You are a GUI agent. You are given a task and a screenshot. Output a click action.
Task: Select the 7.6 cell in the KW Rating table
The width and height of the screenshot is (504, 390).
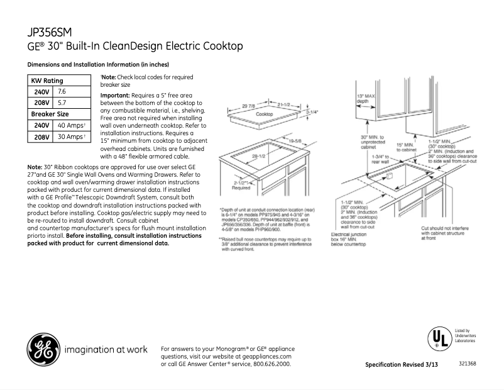(62, 91)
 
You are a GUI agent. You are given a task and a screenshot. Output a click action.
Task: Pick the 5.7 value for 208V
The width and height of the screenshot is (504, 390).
(62, 102)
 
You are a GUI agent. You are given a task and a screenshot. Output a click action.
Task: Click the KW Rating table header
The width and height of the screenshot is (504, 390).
(47, 81)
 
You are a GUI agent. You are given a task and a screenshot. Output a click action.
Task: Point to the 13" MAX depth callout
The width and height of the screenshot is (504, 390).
(368, 97)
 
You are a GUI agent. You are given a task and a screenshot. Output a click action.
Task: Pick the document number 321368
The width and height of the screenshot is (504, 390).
(467, 363)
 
